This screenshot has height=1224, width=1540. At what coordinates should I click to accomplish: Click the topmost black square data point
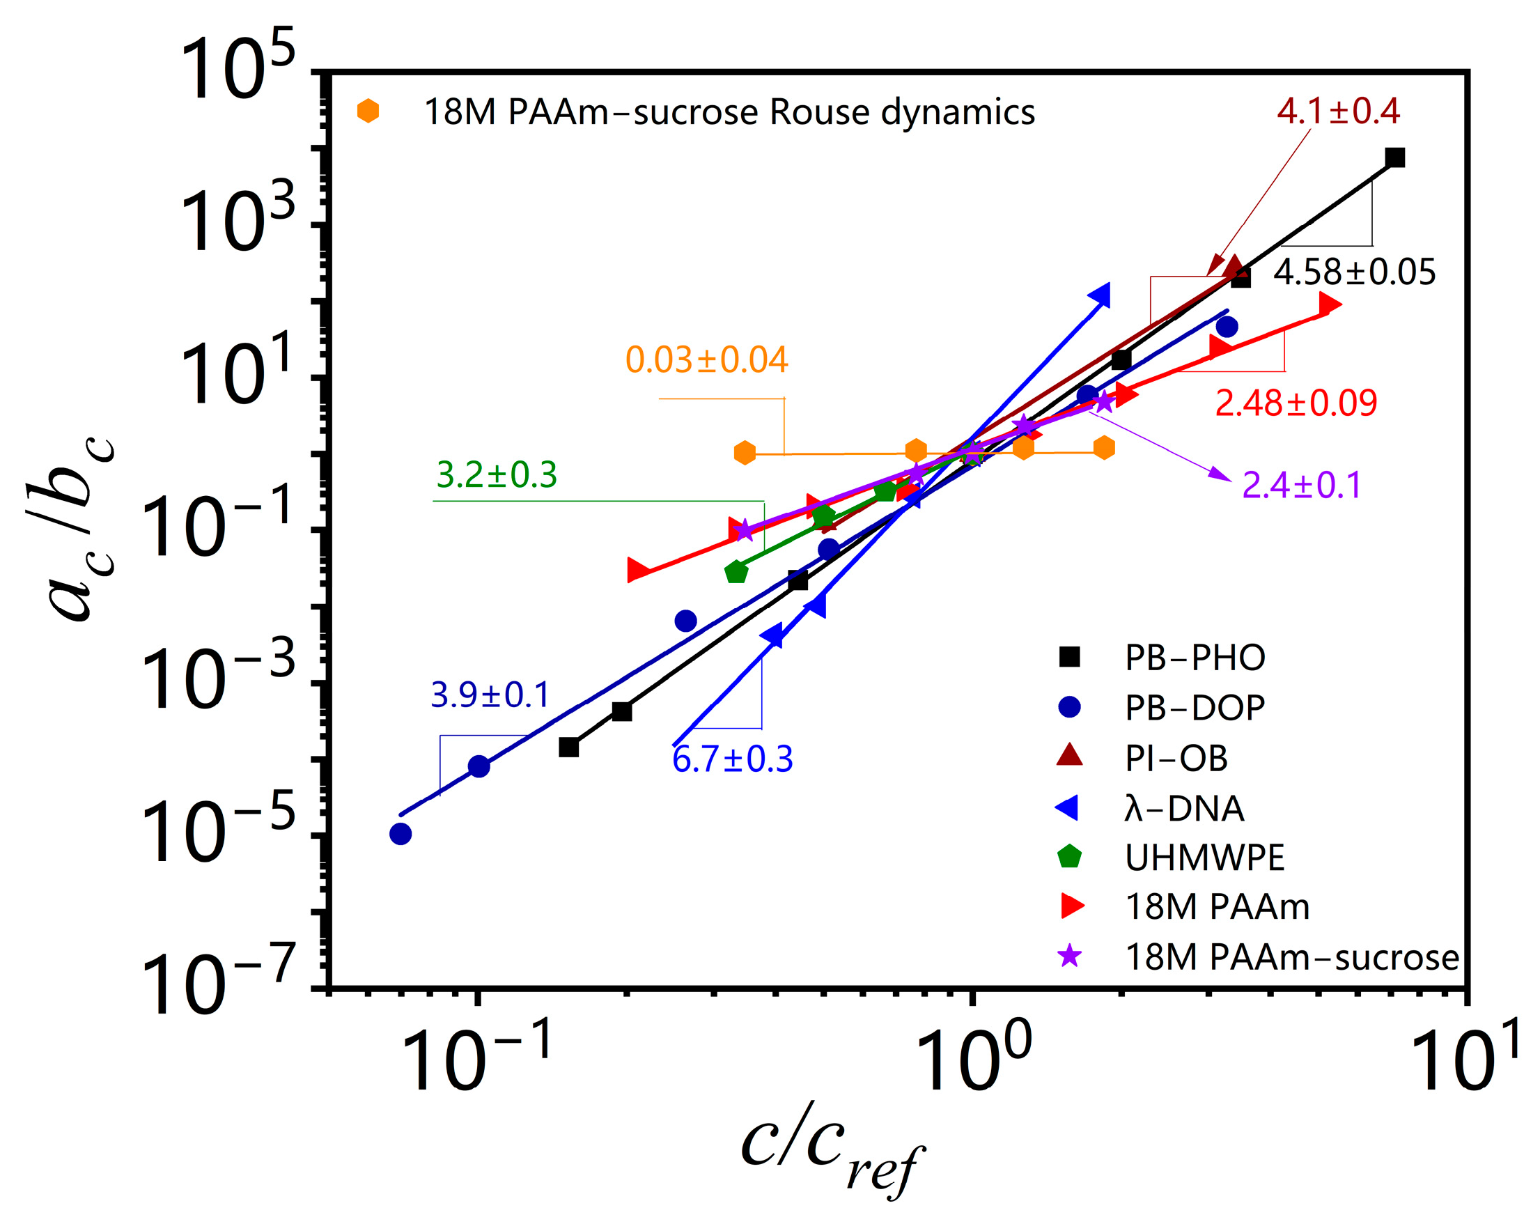coord(1395,157)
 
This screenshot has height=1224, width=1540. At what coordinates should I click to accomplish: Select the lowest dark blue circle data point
coord(400,834)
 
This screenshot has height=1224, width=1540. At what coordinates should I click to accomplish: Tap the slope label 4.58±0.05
coord(1354,272)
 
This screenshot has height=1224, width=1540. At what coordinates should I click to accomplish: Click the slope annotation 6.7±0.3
coord(732,759)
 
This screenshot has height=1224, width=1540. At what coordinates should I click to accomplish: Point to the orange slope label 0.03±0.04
coord(706,359)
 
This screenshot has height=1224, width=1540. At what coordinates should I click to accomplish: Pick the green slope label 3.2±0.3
coord(497,474)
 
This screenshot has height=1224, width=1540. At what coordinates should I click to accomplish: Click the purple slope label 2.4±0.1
coord(1301,485)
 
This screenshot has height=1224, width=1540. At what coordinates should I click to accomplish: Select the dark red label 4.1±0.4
coord(1338,111)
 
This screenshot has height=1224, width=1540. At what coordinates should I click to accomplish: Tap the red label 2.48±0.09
coord(1296,403)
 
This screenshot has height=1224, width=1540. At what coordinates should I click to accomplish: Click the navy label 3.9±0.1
coord(490,695)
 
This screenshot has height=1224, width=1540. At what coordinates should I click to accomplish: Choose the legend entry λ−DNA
coord(1184,808)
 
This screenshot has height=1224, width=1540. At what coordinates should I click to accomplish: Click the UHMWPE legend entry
coord(1204,858)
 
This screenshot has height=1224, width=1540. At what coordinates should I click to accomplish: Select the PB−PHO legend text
coord(1195,658)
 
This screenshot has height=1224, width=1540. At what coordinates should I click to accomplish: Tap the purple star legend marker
coord(1069,956)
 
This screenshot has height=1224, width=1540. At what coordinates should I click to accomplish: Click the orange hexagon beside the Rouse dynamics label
coord(368,111)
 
